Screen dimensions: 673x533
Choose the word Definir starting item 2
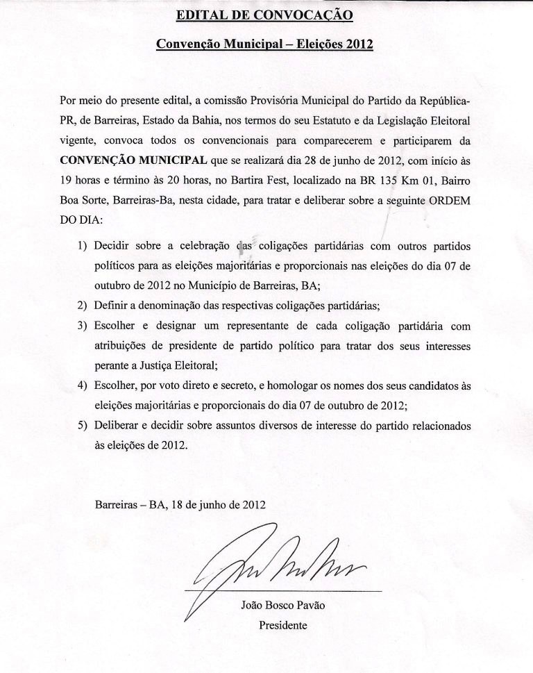(112, 306)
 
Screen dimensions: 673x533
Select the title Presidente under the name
(282, 625)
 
